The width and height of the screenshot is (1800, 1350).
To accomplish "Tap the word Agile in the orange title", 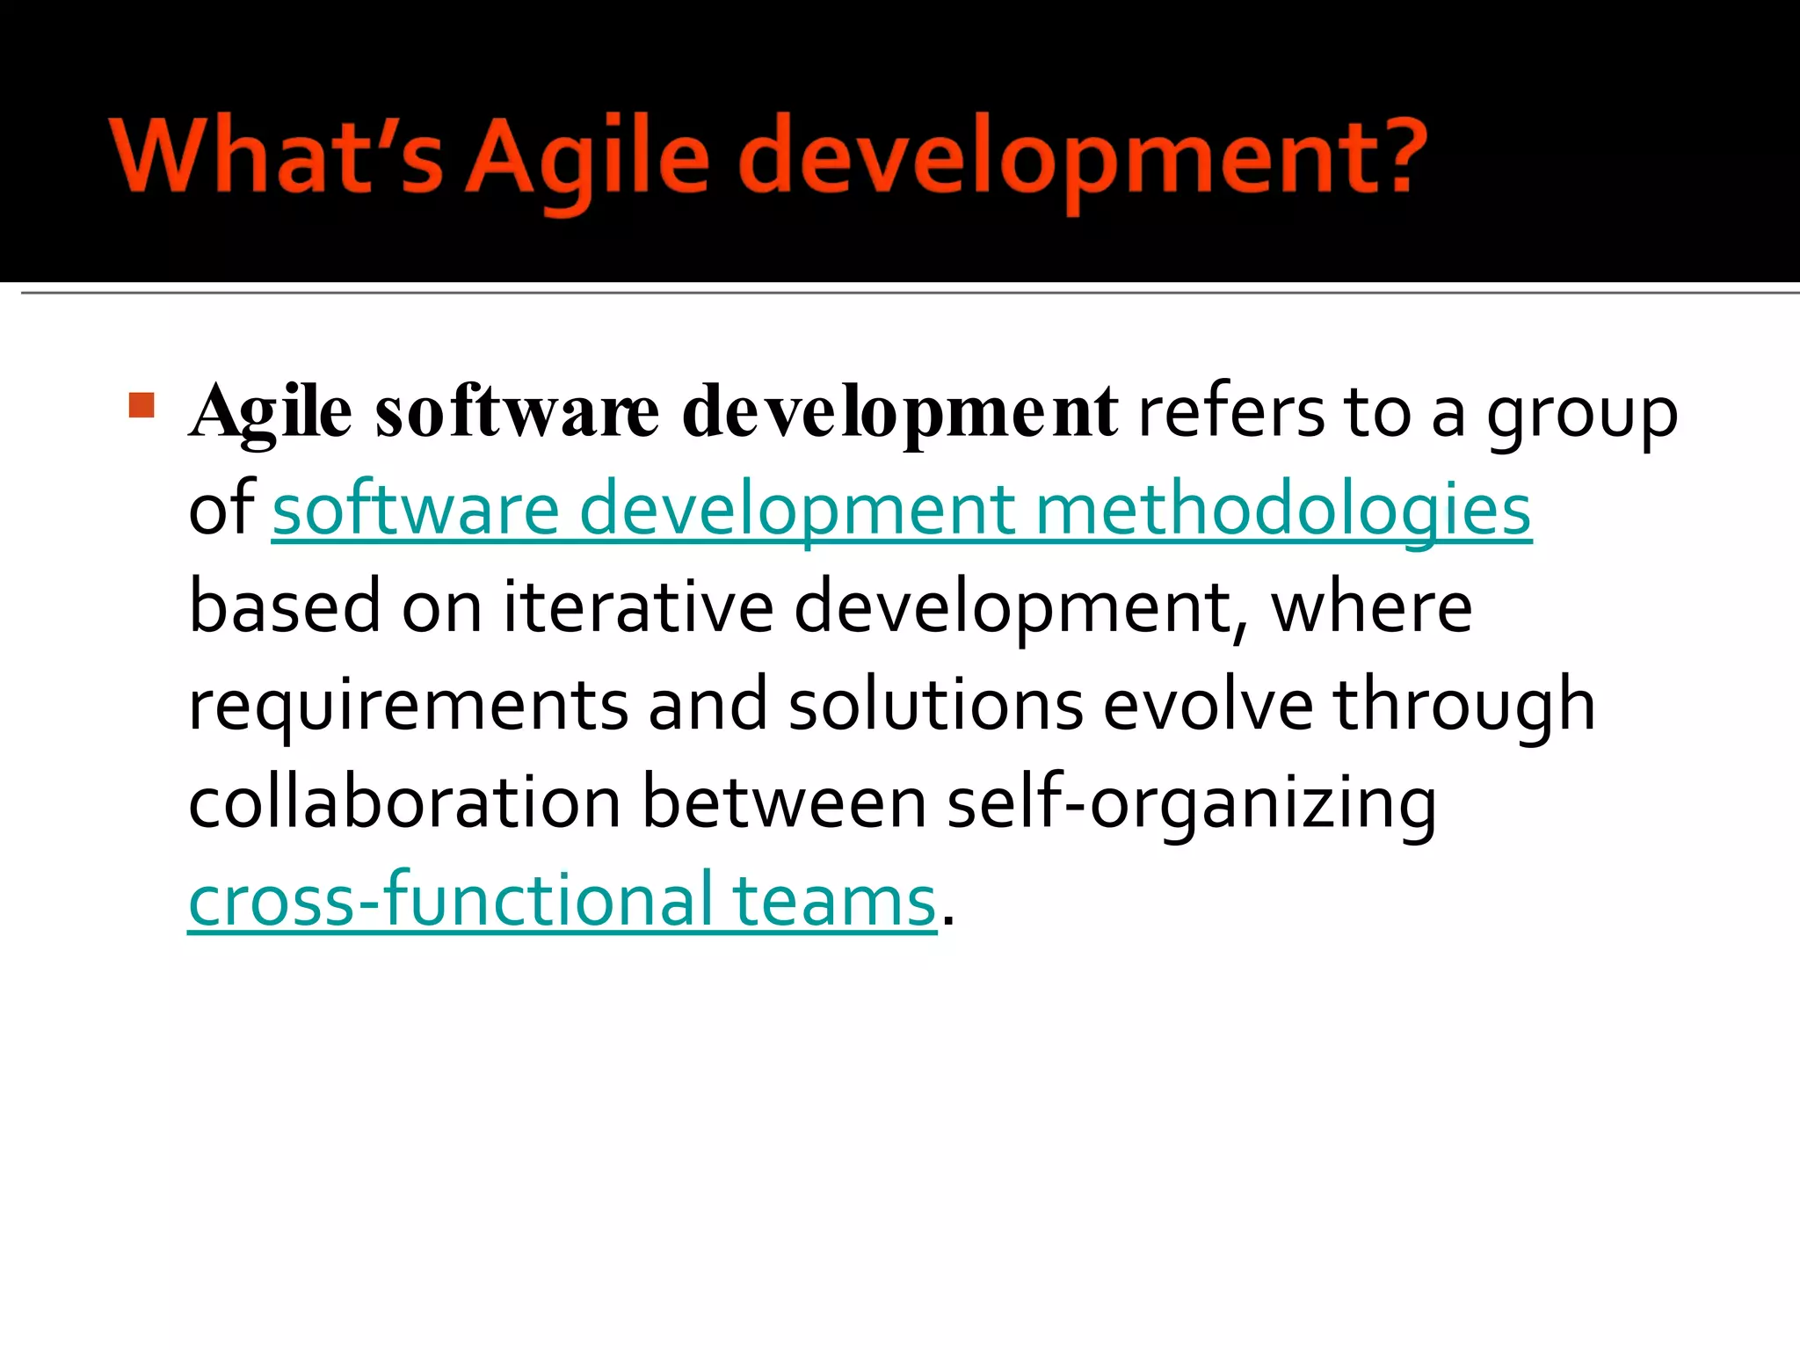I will [x=587, y=158].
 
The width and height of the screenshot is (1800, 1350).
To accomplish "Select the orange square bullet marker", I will [x=142, y=405].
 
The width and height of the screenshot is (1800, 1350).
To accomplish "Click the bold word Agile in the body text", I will [x=272, y=413].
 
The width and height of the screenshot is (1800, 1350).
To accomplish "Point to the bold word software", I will [x=517, y=413].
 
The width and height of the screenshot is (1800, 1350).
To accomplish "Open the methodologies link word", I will [x=1283, y=510].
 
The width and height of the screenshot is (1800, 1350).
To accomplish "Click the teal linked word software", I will [x=416, y=510].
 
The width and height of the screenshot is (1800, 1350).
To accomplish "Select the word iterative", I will [x=638, y=608].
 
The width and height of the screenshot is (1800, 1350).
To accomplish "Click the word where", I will [x=1371, y=608].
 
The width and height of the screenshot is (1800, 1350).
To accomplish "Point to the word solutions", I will [x=935, y=706].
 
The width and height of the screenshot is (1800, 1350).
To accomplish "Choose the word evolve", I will [x=1208, y=706].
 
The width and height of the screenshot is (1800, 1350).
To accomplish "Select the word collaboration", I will [x=405, y=803].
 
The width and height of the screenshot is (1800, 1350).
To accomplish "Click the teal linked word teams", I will [x=834, y=901].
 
